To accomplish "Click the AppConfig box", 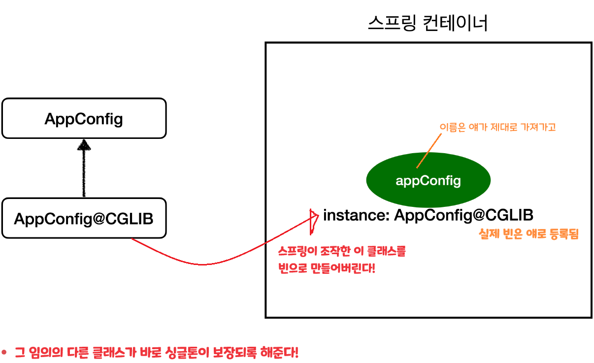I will point(84,119).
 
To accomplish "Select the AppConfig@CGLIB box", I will point(84,218).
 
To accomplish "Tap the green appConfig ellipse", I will point(428,181).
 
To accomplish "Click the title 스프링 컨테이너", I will point(428,23).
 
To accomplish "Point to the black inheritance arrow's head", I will point(85,144).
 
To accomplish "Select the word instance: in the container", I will point(356,215).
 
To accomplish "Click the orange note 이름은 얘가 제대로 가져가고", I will point(497,127).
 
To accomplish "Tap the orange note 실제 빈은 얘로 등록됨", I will point(528,234).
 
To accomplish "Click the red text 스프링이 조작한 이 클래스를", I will point(342,251).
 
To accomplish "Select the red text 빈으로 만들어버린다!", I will point(327,269).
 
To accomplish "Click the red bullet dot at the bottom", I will point(4,353).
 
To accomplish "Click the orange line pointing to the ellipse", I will point(427,151).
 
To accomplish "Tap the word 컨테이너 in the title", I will point(456,23).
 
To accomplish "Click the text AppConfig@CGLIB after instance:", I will point(463,215).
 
